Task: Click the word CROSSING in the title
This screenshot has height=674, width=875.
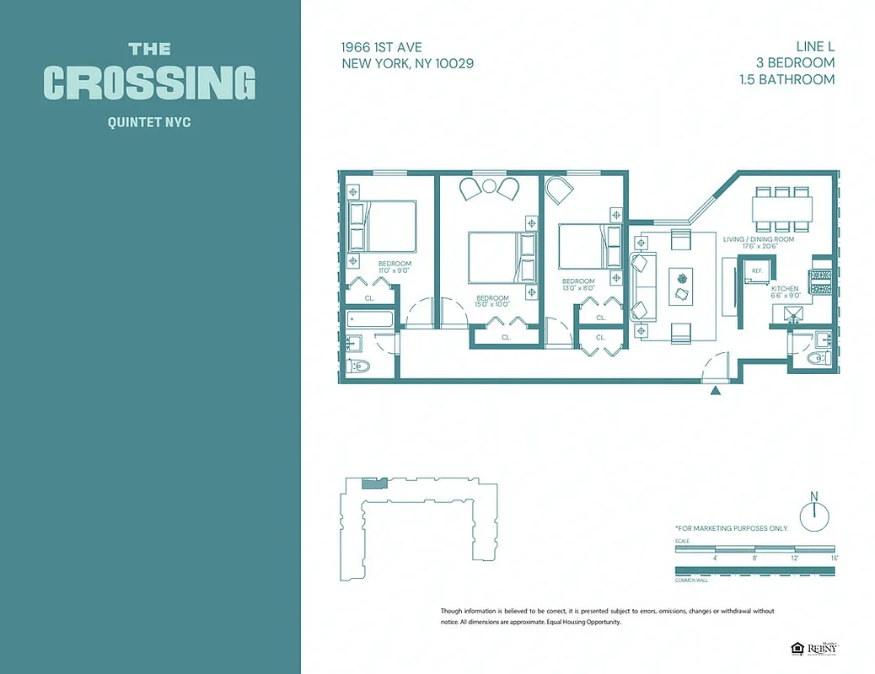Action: [149, 83]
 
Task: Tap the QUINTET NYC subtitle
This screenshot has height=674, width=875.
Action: [149, 122]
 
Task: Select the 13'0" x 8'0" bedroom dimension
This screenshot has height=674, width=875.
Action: [578, 288]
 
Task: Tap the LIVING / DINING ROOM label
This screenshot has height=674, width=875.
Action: [759, 239]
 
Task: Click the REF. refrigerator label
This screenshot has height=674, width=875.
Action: [757, 270]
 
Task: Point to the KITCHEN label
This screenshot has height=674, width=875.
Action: [785, 288]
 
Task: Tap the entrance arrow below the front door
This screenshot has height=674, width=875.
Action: [716, 390]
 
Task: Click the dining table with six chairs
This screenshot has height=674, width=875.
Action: [783, 208]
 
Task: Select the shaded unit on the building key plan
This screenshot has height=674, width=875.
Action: [371, 484]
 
